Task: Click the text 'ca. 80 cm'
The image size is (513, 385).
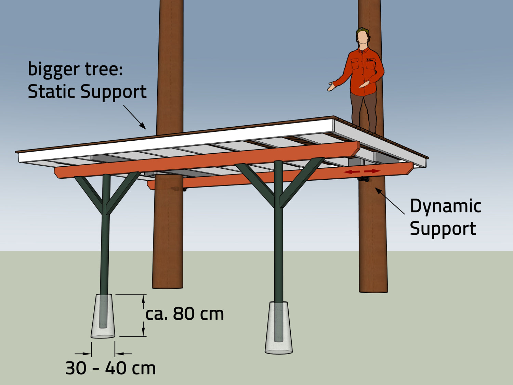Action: click(185, 314)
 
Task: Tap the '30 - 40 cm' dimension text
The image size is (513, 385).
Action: click(110, 368)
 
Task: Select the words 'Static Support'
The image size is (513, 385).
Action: click(87, 92)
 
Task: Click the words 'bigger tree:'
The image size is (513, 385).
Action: click(75, 69)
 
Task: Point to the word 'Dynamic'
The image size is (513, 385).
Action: click(446, 206)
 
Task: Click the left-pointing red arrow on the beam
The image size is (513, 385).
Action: click(352, 171)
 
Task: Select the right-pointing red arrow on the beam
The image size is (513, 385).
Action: click(372, 171)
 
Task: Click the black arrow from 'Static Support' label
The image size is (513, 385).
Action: click(135, 117)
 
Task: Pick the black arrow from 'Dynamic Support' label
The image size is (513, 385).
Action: click(390, 201)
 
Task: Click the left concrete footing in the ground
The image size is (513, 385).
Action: click(103, 316)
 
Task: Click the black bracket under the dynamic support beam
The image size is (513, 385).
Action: click(363, 179)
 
